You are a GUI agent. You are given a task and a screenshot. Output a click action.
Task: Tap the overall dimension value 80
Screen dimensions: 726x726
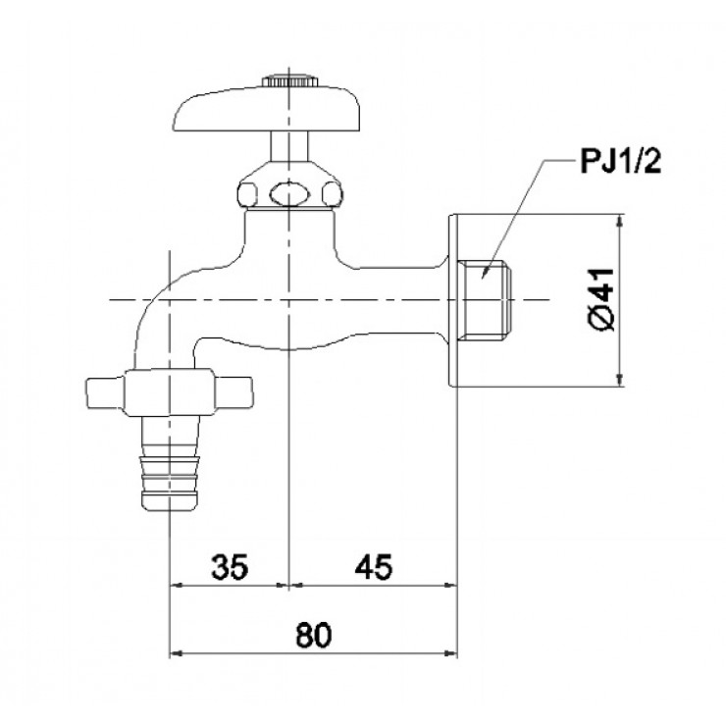pos(313,635)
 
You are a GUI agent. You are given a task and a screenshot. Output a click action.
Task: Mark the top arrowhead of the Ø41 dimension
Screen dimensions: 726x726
pos(619,221)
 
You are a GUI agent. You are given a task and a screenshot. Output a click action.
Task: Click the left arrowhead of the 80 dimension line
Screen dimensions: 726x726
pos(178,653)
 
